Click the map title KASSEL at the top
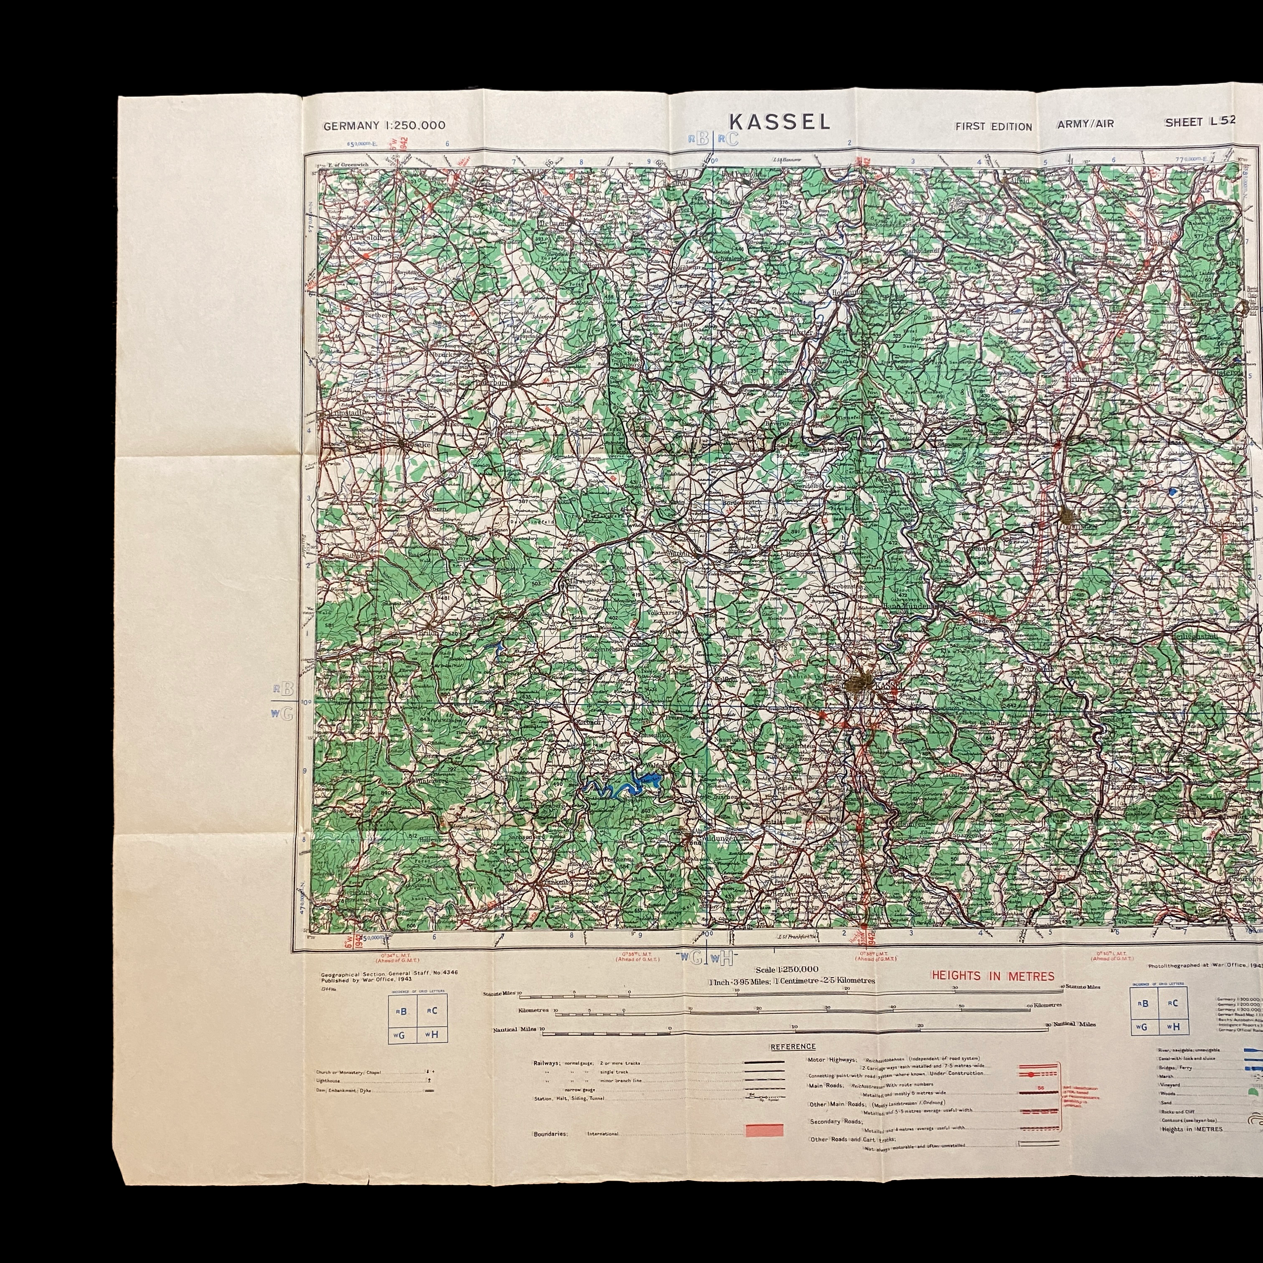[x=779, y=122]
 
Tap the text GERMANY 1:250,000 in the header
[x=384, y=125]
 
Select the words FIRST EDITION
[x=993, y=127]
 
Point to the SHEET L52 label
[x=1200, y=122]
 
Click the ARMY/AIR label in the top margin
[x=1085, y=124]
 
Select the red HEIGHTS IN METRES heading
[x=993, y=976]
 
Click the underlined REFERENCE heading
[x=792, y=1047]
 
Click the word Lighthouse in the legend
[x=327, y=1081]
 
